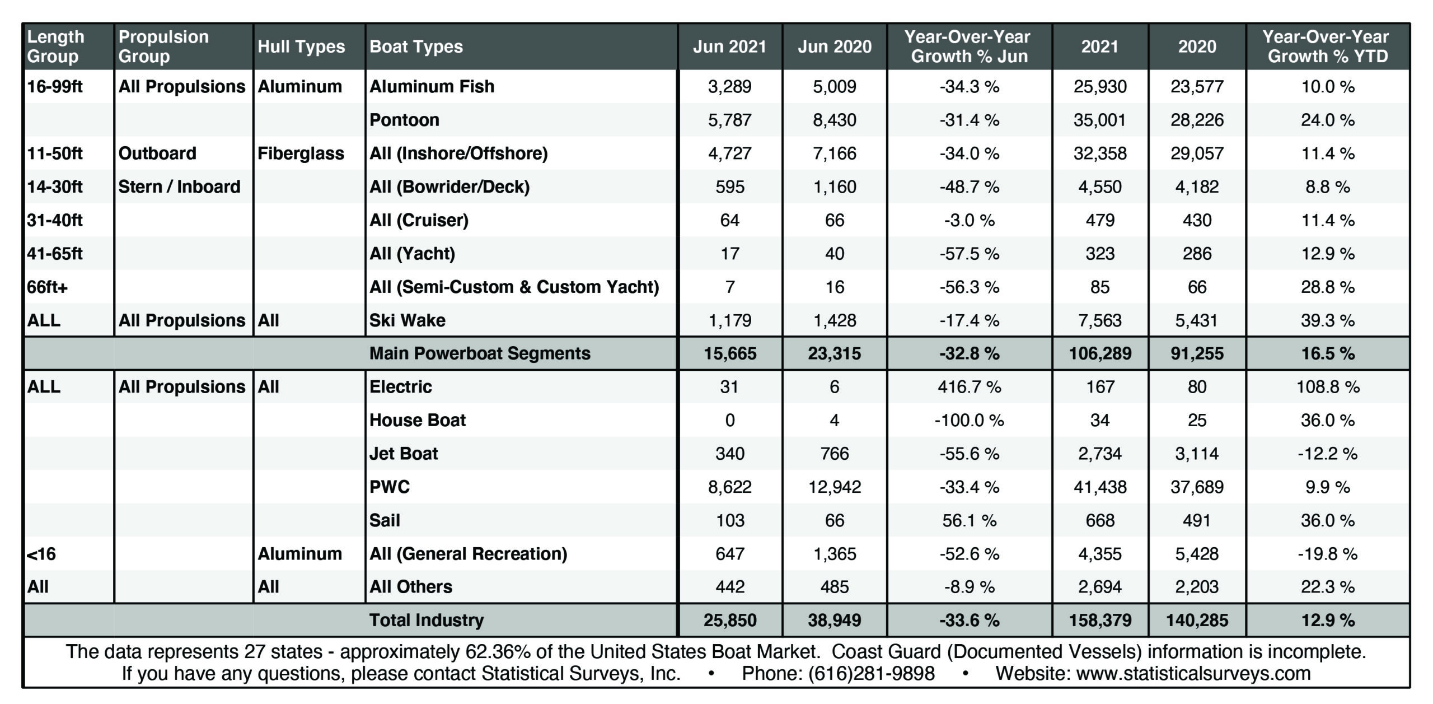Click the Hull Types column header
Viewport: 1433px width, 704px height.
[301, 46]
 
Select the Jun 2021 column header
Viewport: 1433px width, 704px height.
[729, 46]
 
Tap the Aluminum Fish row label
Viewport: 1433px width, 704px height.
[432, 86]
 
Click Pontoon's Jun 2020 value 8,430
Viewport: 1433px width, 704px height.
[834, 120]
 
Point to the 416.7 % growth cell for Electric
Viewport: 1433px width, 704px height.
[969, 387]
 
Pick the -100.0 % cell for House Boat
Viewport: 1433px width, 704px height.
[969, 421]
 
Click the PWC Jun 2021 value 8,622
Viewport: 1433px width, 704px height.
[729, 487]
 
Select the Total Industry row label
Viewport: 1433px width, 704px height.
[427, 620]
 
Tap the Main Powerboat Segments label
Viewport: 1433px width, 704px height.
[480, 353]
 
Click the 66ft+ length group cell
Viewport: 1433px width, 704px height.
[47, 287]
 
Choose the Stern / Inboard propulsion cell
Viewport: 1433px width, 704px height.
[179, 187]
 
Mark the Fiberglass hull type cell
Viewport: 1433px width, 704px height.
[301, 153]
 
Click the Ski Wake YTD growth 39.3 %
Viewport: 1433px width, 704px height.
[1327, 320]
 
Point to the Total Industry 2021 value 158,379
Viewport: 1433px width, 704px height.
[1100, 620]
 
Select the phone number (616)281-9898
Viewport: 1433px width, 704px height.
[872, 673]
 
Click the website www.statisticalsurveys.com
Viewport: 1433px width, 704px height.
[1193, 673]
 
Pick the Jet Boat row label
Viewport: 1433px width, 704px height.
[403, 454]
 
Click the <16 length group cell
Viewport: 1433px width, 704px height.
[41, 554]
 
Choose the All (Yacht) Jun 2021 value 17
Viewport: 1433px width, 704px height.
[729, 254]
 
